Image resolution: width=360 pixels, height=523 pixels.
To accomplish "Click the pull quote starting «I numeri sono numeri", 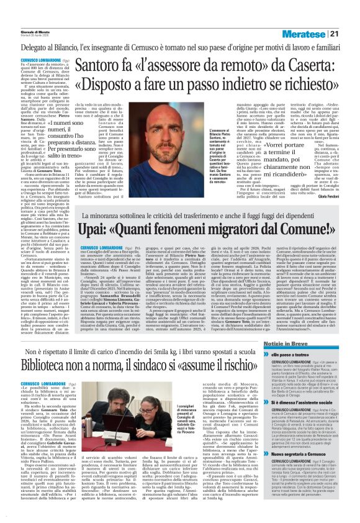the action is coord(83,138).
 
